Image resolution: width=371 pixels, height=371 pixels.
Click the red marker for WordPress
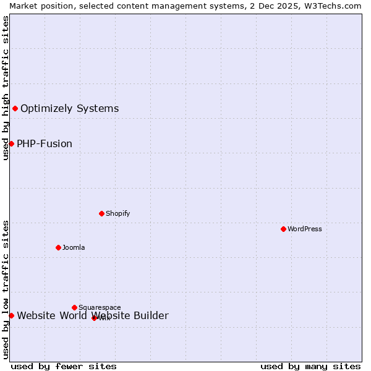[x=283, y=229]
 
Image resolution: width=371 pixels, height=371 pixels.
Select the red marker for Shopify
[x=101, y=213]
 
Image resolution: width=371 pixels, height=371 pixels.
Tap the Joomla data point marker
[x=58, y=247]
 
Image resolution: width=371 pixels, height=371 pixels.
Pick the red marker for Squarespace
[x=74, y=307]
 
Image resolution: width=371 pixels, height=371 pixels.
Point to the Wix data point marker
[x=94, y=318]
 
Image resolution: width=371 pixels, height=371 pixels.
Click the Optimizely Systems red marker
[x=15, y=109]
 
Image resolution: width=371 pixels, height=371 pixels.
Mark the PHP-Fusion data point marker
[x=11, y=144]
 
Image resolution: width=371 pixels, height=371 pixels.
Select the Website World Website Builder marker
[x=11, y=315]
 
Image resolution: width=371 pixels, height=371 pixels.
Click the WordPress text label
[x=304, y=229]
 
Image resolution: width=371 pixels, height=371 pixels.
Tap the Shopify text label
[x=117, y=213]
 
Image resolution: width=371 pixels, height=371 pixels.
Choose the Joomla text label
[x=74, y=247]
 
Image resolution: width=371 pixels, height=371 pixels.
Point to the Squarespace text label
[x=100, y=307]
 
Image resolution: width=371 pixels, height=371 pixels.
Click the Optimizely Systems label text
[x=69, y=109]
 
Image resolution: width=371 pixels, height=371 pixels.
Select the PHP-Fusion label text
[x=45, y=144]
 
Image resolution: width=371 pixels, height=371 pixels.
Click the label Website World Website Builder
[x=92, y=316]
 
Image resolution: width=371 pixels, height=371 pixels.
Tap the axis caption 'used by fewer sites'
[x=64, y=366]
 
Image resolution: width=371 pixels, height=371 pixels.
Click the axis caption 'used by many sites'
[x=310, y=366]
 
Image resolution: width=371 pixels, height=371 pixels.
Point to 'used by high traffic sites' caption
[x=6, y=88]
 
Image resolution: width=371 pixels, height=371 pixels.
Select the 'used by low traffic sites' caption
[x=6, y=289]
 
